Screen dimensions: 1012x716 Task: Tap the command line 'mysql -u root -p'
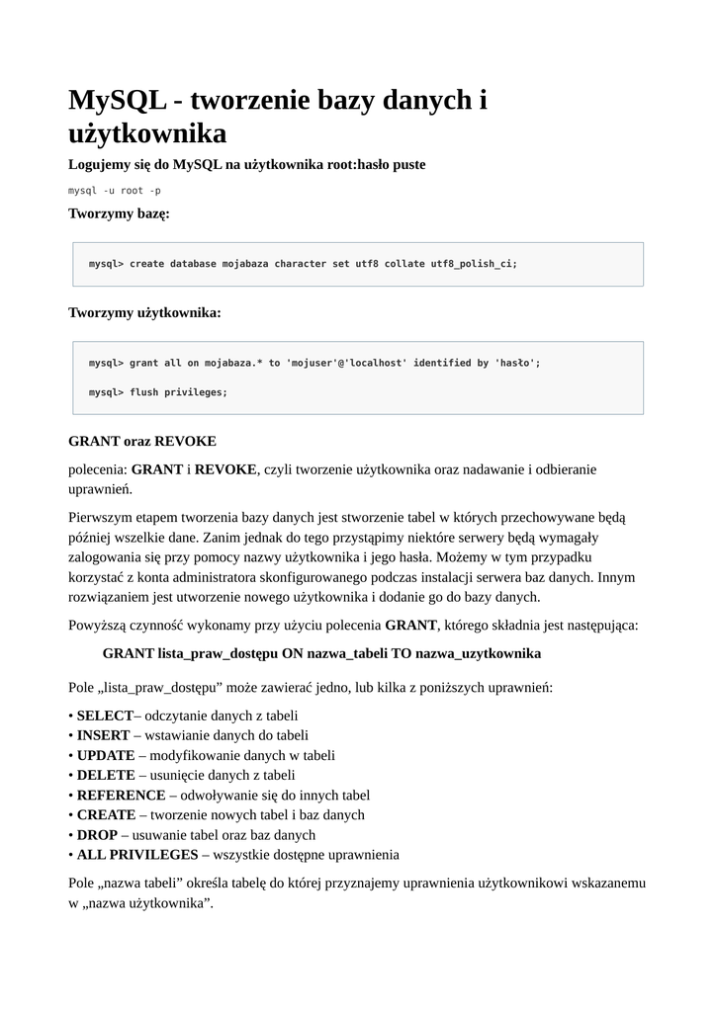coord(115,190)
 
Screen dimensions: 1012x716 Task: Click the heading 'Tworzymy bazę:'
coord(119,212)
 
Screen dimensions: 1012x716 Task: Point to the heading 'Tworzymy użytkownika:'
coord(144,312)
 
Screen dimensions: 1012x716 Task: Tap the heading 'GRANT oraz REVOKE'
coord(141,440)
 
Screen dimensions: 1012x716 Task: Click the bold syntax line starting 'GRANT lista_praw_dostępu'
coord(321,653)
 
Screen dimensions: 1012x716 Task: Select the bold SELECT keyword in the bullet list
coord(105,716)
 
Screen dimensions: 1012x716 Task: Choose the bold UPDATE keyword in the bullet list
coord(106,755)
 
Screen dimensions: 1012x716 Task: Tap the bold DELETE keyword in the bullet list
coord(106,775)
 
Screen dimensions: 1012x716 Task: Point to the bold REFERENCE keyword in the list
coord(122,795)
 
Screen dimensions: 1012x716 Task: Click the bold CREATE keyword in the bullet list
coord(106,814)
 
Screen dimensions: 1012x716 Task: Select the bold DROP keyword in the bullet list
coord(97,834)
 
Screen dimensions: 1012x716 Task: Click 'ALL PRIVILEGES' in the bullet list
coord(137,854)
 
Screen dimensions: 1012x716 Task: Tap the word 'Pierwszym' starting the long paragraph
coord(104,517)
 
